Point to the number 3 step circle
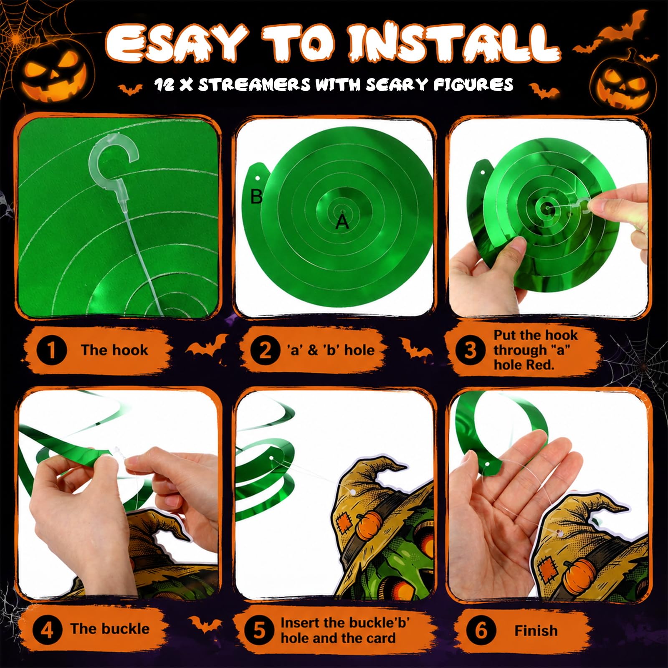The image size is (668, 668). (x=470, y=350)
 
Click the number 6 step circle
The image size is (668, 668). (x=481, y=630)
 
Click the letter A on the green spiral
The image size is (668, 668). (x=342, y=223)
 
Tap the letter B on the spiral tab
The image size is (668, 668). (x=256, y=196)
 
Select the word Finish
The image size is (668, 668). (x=536, y=630)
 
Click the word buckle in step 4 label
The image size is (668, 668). (x=124, y=629)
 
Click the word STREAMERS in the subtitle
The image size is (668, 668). (x=254, y=85)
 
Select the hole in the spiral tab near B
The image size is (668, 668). (x=258, y=178)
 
